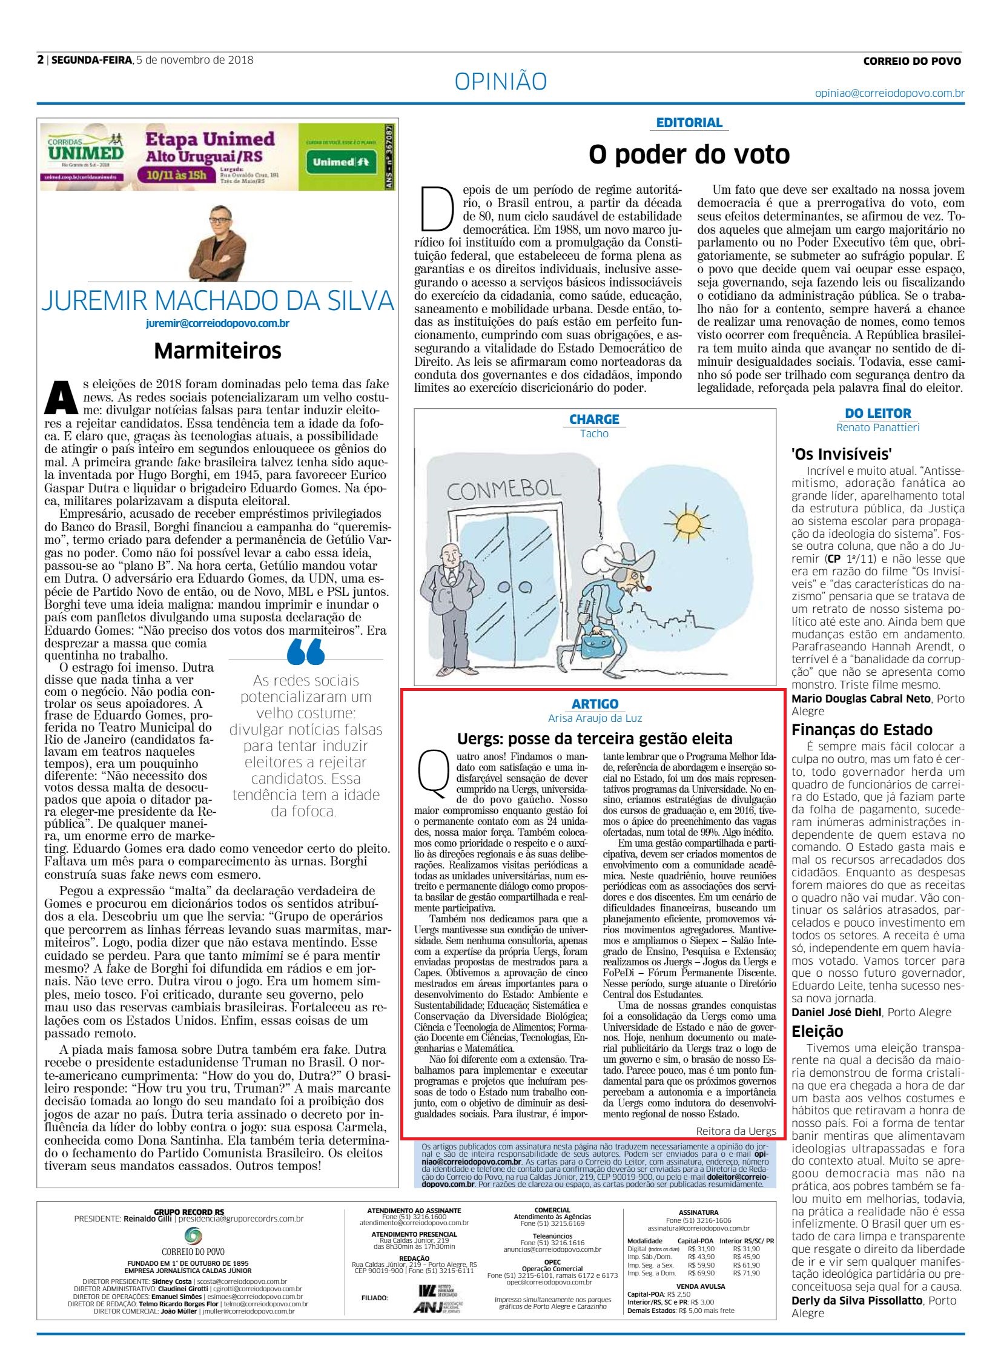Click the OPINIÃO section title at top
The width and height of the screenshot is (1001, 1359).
(500, 81)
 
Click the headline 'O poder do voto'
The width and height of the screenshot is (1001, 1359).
(689, 154)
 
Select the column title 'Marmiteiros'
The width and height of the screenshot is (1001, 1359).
(217, 350)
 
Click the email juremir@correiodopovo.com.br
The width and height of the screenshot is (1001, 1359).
(217, 323)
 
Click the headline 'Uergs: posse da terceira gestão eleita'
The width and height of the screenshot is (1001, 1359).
(595, 739)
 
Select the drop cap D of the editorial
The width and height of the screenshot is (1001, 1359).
(438, 209)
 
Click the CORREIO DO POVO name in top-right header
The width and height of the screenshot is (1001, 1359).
(912, 61)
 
